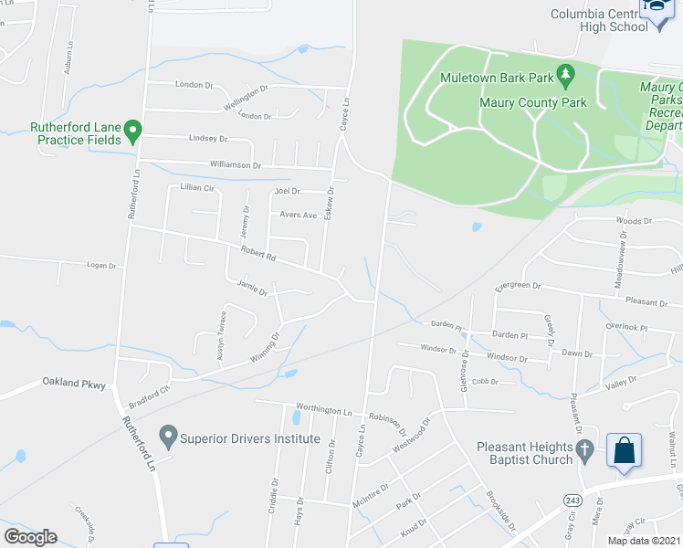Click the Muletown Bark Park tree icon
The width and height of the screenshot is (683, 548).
pos(566,73)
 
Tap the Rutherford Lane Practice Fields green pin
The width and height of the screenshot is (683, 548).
pos(132,132)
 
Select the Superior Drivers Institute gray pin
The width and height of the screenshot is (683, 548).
pos(168,437)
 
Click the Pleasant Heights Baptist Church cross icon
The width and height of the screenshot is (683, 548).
pos(584,449)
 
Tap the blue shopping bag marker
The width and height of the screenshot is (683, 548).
pos(625,451)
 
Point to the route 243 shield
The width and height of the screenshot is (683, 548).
pos(573,500)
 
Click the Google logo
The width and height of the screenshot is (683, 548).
pos(30,537)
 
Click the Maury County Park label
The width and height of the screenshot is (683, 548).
pos(533,103)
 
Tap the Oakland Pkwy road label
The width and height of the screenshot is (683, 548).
pos(73,385)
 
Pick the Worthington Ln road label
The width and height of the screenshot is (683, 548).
pos(324,411)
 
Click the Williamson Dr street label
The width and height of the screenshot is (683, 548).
pos(236,165)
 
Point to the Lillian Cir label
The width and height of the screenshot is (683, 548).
pos(196,187)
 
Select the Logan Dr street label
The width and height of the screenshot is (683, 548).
pos(102,266)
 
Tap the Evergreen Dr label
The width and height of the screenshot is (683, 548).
pos(518,286)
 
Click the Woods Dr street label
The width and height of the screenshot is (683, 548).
pos(634,221)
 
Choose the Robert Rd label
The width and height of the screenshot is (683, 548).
pos(258,253)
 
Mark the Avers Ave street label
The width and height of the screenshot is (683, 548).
pos(298,216)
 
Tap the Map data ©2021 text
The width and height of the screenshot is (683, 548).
pos(644,541)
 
